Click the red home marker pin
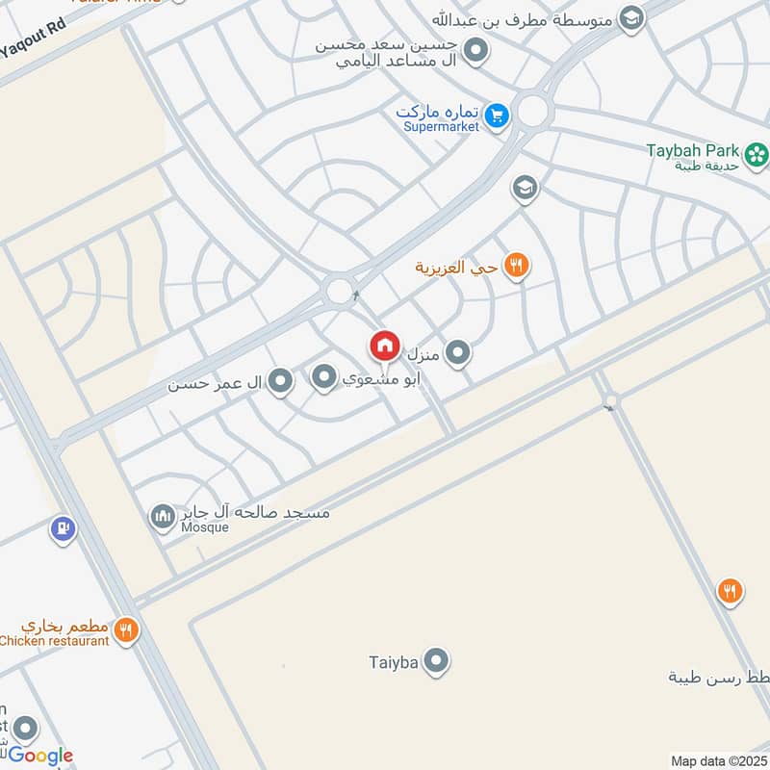pos(384,345)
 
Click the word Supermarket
pos(441,127)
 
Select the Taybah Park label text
pos(693,150)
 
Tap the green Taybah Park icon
pos(757,152)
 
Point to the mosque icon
pos(162,517)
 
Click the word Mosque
pos(205,527)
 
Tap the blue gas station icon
pos(63,528)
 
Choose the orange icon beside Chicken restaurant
pos(126,630)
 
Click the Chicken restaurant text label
pos(55,641)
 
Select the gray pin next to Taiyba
pos(437,660)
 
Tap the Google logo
pos(40,756)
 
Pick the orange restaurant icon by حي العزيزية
pos(517,266)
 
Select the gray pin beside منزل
pos(458,353)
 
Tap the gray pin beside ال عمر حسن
pos(280,382)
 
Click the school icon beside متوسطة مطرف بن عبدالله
pos(631,17)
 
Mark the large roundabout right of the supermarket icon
pos(532,111)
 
